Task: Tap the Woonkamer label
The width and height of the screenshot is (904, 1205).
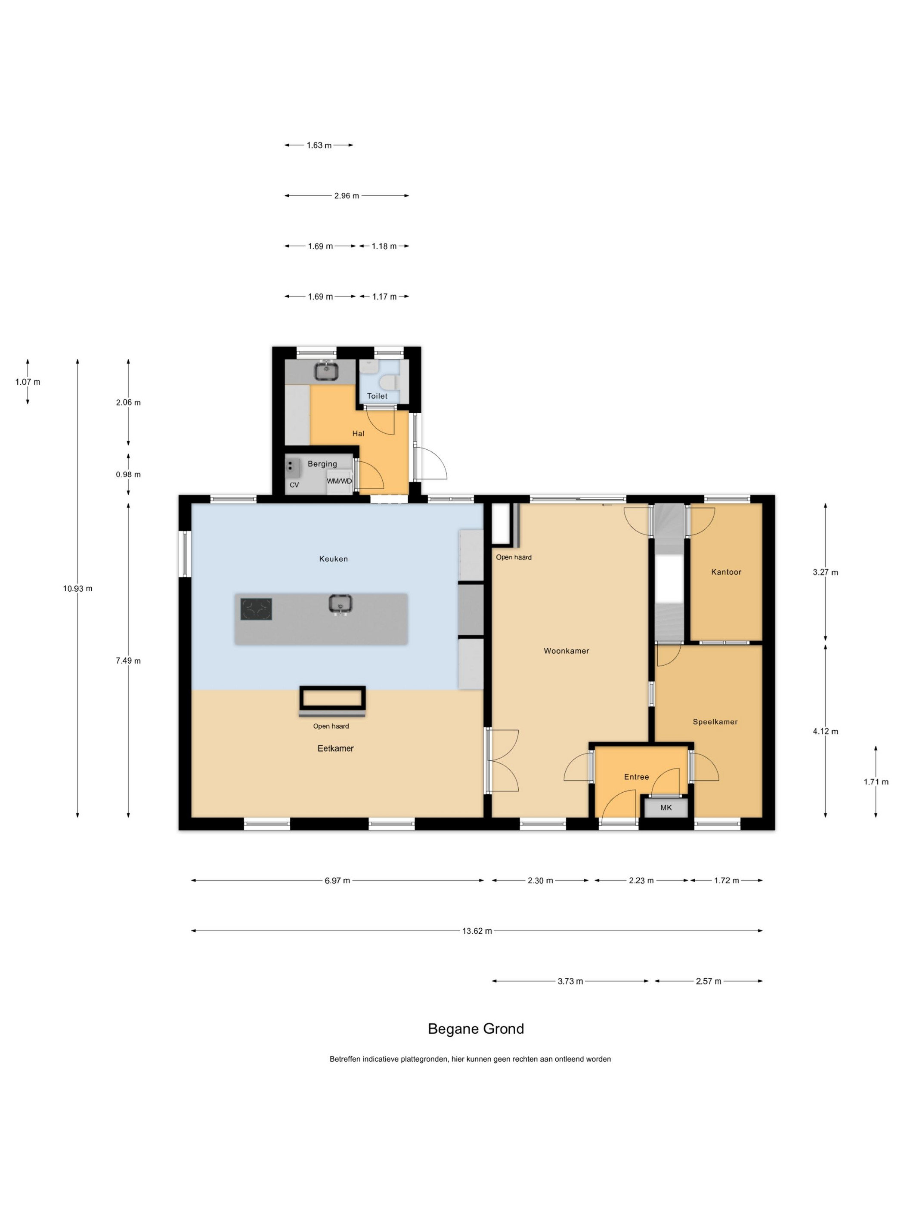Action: point(566,650)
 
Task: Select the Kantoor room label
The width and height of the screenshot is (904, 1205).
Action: point(726,572)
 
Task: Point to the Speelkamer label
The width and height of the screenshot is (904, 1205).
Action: point(715,722)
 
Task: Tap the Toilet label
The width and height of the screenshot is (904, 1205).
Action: point(377,396)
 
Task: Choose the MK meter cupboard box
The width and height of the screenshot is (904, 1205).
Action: point(666,807)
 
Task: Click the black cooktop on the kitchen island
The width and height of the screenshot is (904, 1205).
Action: point(256,609)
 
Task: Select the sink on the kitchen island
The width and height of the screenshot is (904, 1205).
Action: point(341,604)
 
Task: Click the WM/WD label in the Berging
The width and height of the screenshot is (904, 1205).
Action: point(339,481)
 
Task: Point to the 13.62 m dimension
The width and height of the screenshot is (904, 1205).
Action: point(477,931)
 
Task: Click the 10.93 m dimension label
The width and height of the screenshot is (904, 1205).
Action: point(77,588)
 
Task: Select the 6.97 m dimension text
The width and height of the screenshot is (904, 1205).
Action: point(337,881)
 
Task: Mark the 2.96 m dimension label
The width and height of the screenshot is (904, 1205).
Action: point(347,195)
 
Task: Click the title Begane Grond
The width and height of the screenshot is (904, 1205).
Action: point(476,1029)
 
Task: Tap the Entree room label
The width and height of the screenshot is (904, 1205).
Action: point(636,777)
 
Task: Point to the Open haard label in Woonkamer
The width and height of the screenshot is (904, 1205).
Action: point(513,557)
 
